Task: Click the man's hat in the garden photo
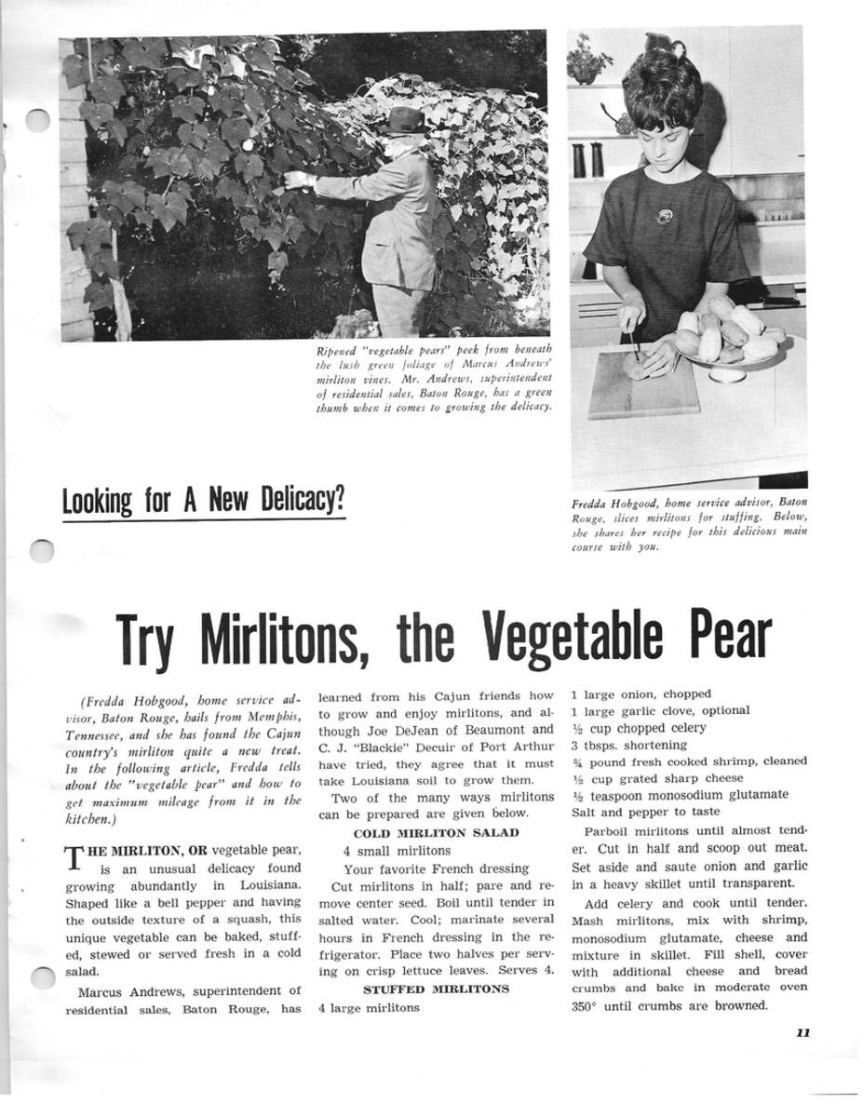(406, 120)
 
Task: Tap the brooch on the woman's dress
(664, 217)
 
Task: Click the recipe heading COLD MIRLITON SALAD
(436, 832)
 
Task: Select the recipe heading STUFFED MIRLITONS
(436, 989)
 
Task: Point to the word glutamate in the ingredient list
(755, 795)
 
